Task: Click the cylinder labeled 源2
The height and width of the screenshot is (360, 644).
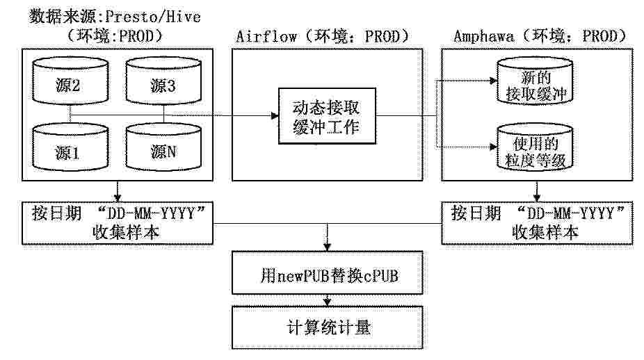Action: point(70,81)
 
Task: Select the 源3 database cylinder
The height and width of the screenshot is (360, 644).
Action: point(163,81)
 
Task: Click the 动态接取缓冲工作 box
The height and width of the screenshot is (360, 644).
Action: point(327,116)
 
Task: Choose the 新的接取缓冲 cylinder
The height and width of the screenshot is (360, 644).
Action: point(535,81)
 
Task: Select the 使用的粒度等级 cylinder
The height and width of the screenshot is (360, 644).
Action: point(535,147)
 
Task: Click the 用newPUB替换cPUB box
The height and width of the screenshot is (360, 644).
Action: point(328,273)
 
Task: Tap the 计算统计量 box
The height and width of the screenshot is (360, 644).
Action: point(328,327)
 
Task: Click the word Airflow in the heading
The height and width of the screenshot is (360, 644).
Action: point(266,36)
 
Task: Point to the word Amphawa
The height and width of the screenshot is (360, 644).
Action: point(483,36)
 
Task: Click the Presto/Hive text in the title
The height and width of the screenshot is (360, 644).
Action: point(153,17)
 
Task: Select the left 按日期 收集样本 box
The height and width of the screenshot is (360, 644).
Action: point(118,223)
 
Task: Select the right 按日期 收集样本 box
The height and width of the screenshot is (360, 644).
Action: point(537,223)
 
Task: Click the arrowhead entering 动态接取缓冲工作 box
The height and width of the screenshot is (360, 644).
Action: point(275,116)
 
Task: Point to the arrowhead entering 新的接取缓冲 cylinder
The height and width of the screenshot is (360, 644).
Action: point(493,81)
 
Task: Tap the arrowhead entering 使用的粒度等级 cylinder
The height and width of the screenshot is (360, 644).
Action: point(493,147)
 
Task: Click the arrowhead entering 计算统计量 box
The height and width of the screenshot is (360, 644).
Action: point(327,302)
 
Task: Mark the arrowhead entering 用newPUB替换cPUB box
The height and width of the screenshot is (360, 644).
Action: point(327,247)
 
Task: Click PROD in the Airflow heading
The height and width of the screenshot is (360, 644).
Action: point(382,36)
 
